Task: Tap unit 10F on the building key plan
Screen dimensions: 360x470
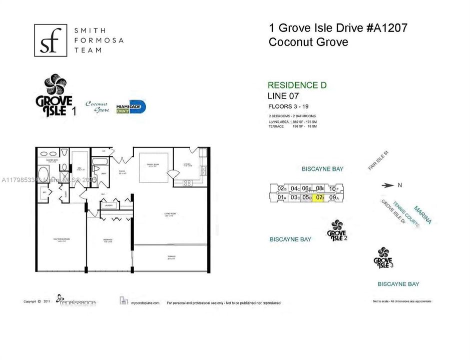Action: point(334,188)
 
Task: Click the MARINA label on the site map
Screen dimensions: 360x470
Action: point(422,214)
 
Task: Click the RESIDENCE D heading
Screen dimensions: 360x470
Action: point(297,85)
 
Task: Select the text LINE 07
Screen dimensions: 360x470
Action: point(286,96)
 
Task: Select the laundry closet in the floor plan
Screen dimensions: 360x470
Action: point(109,205)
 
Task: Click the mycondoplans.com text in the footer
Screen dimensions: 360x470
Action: point(145,303)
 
